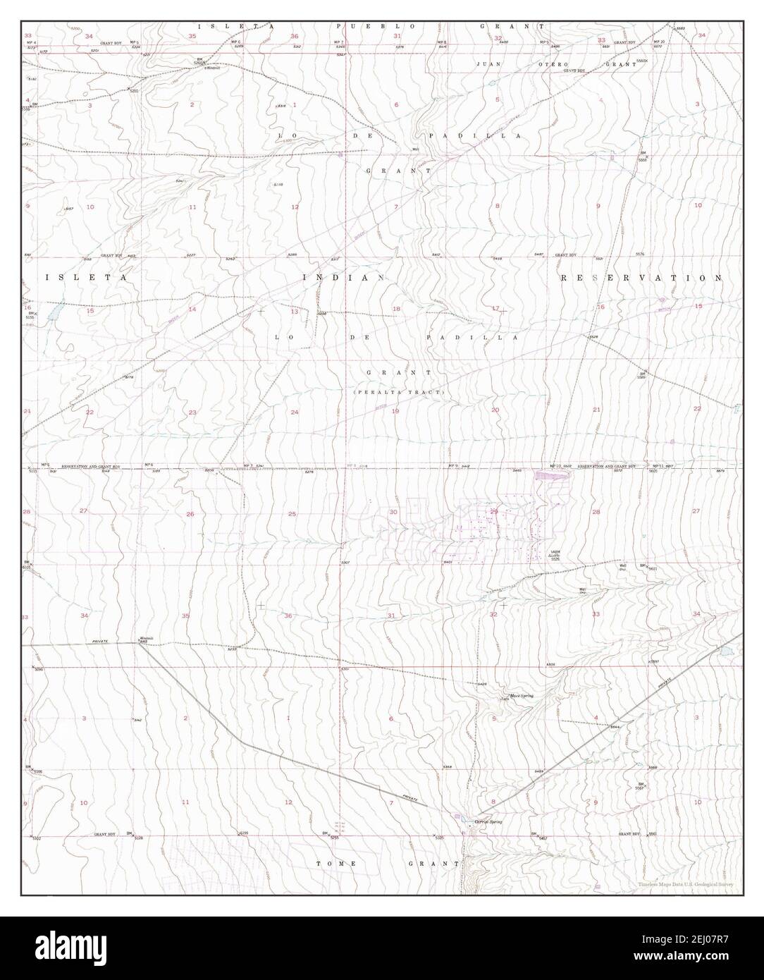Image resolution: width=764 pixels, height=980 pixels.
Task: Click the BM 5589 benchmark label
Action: coord(641,376)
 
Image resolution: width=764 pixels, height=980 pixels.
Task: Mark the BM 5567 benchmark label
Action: coord(641,787)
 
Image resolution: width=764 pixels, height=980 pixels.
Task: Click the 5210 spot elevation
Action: coord(134,92)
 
